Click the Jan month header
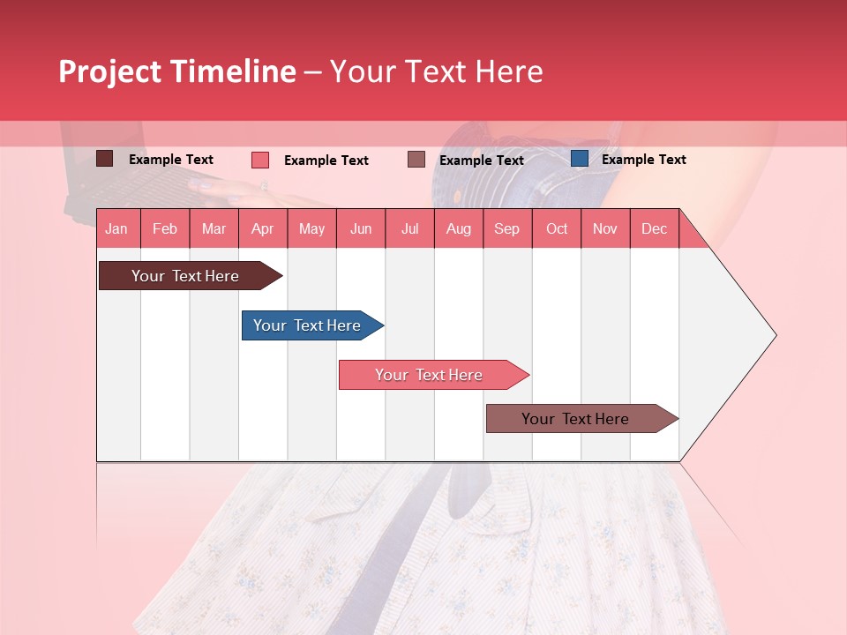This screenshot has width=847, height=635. [116, 228]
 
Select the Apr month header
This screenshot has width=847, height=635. [262, 228]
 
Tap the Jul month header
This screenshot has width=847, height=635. [409, 228]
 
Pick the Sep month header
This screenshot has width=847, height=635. [506, 228]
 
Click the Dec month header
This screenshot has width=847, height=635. [654, 228]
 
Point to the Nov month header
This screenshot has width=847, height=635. [604, 228]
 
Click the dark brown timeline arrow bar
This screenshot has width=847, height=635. [185, 276]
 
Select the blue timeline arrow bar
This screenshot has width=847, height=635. [307, 325]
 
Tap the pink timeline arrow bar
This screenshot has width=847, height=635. [429, 375]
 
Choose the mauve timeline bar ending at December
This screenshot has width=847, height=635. [575, 419]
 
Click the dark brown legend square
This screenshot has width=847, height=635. [104, 159]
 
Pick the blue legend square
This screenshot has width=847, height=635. [579, 159]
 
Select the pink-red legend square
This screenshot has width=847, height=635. [260, 160]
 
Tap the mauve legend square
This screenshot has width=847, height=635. [416, 160]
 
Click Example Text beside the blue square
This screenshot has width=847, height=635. [643, 160]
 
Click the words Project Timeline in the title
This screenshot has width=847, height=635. [176, 71]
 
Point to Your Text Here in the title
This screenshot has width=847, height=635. [436, 71]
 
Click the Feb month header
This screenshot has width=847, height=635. [164, 228]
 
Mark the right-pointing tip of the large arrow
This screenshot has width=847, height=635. [774, 335]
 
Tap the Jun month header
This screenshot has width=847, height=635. [360, 228]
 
